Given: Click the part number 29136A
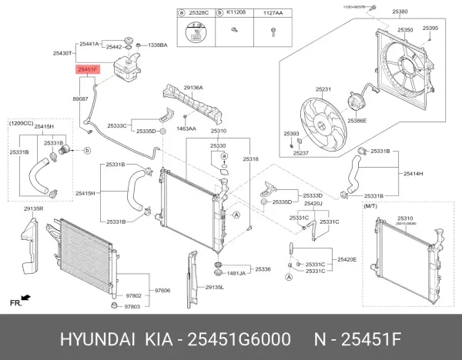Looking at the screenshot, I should coord(193,88).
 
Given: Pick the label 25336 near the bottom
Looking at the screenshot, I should coord(263,269).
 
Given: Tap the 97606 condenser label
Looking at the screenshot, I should coord(162,290).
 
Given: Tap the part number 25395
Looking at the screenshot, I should coord(431,28).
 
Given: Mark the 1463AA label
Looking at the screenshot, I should coord(186,128).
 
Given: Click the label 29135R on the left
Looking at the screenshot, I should coord(33,208).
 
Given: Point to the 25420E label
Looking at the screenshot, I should coord(346,260).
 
